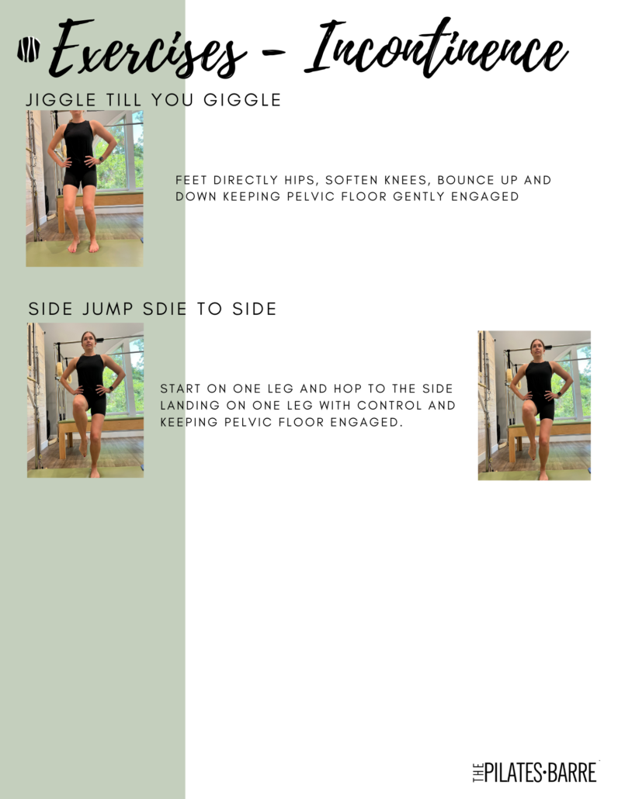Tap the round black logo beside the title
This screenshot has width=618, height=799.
(x=29, y=50)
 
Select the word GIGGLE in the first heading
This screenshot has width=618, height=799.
(x=242, y=100)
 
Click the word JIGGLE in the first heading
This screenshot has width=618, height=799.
(x=61, y=100)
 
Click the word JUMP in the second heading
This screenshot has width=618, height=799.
(x=108, y=309)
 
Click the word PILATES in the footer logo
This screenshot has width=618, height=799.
(x=513, y=773)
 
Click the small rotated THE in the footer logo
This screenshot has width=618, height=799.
(x=477, y=773)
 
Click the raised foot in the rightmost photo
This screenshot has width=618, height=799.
(x=533, y=452)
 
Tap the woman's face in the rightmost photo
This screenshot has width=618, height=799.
(x=537, y=350)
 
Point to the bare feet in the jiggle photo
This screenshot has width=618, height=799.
(x=84, y=246)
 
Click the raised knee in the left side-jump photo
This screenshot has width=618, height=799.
(x=79, y=402)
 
